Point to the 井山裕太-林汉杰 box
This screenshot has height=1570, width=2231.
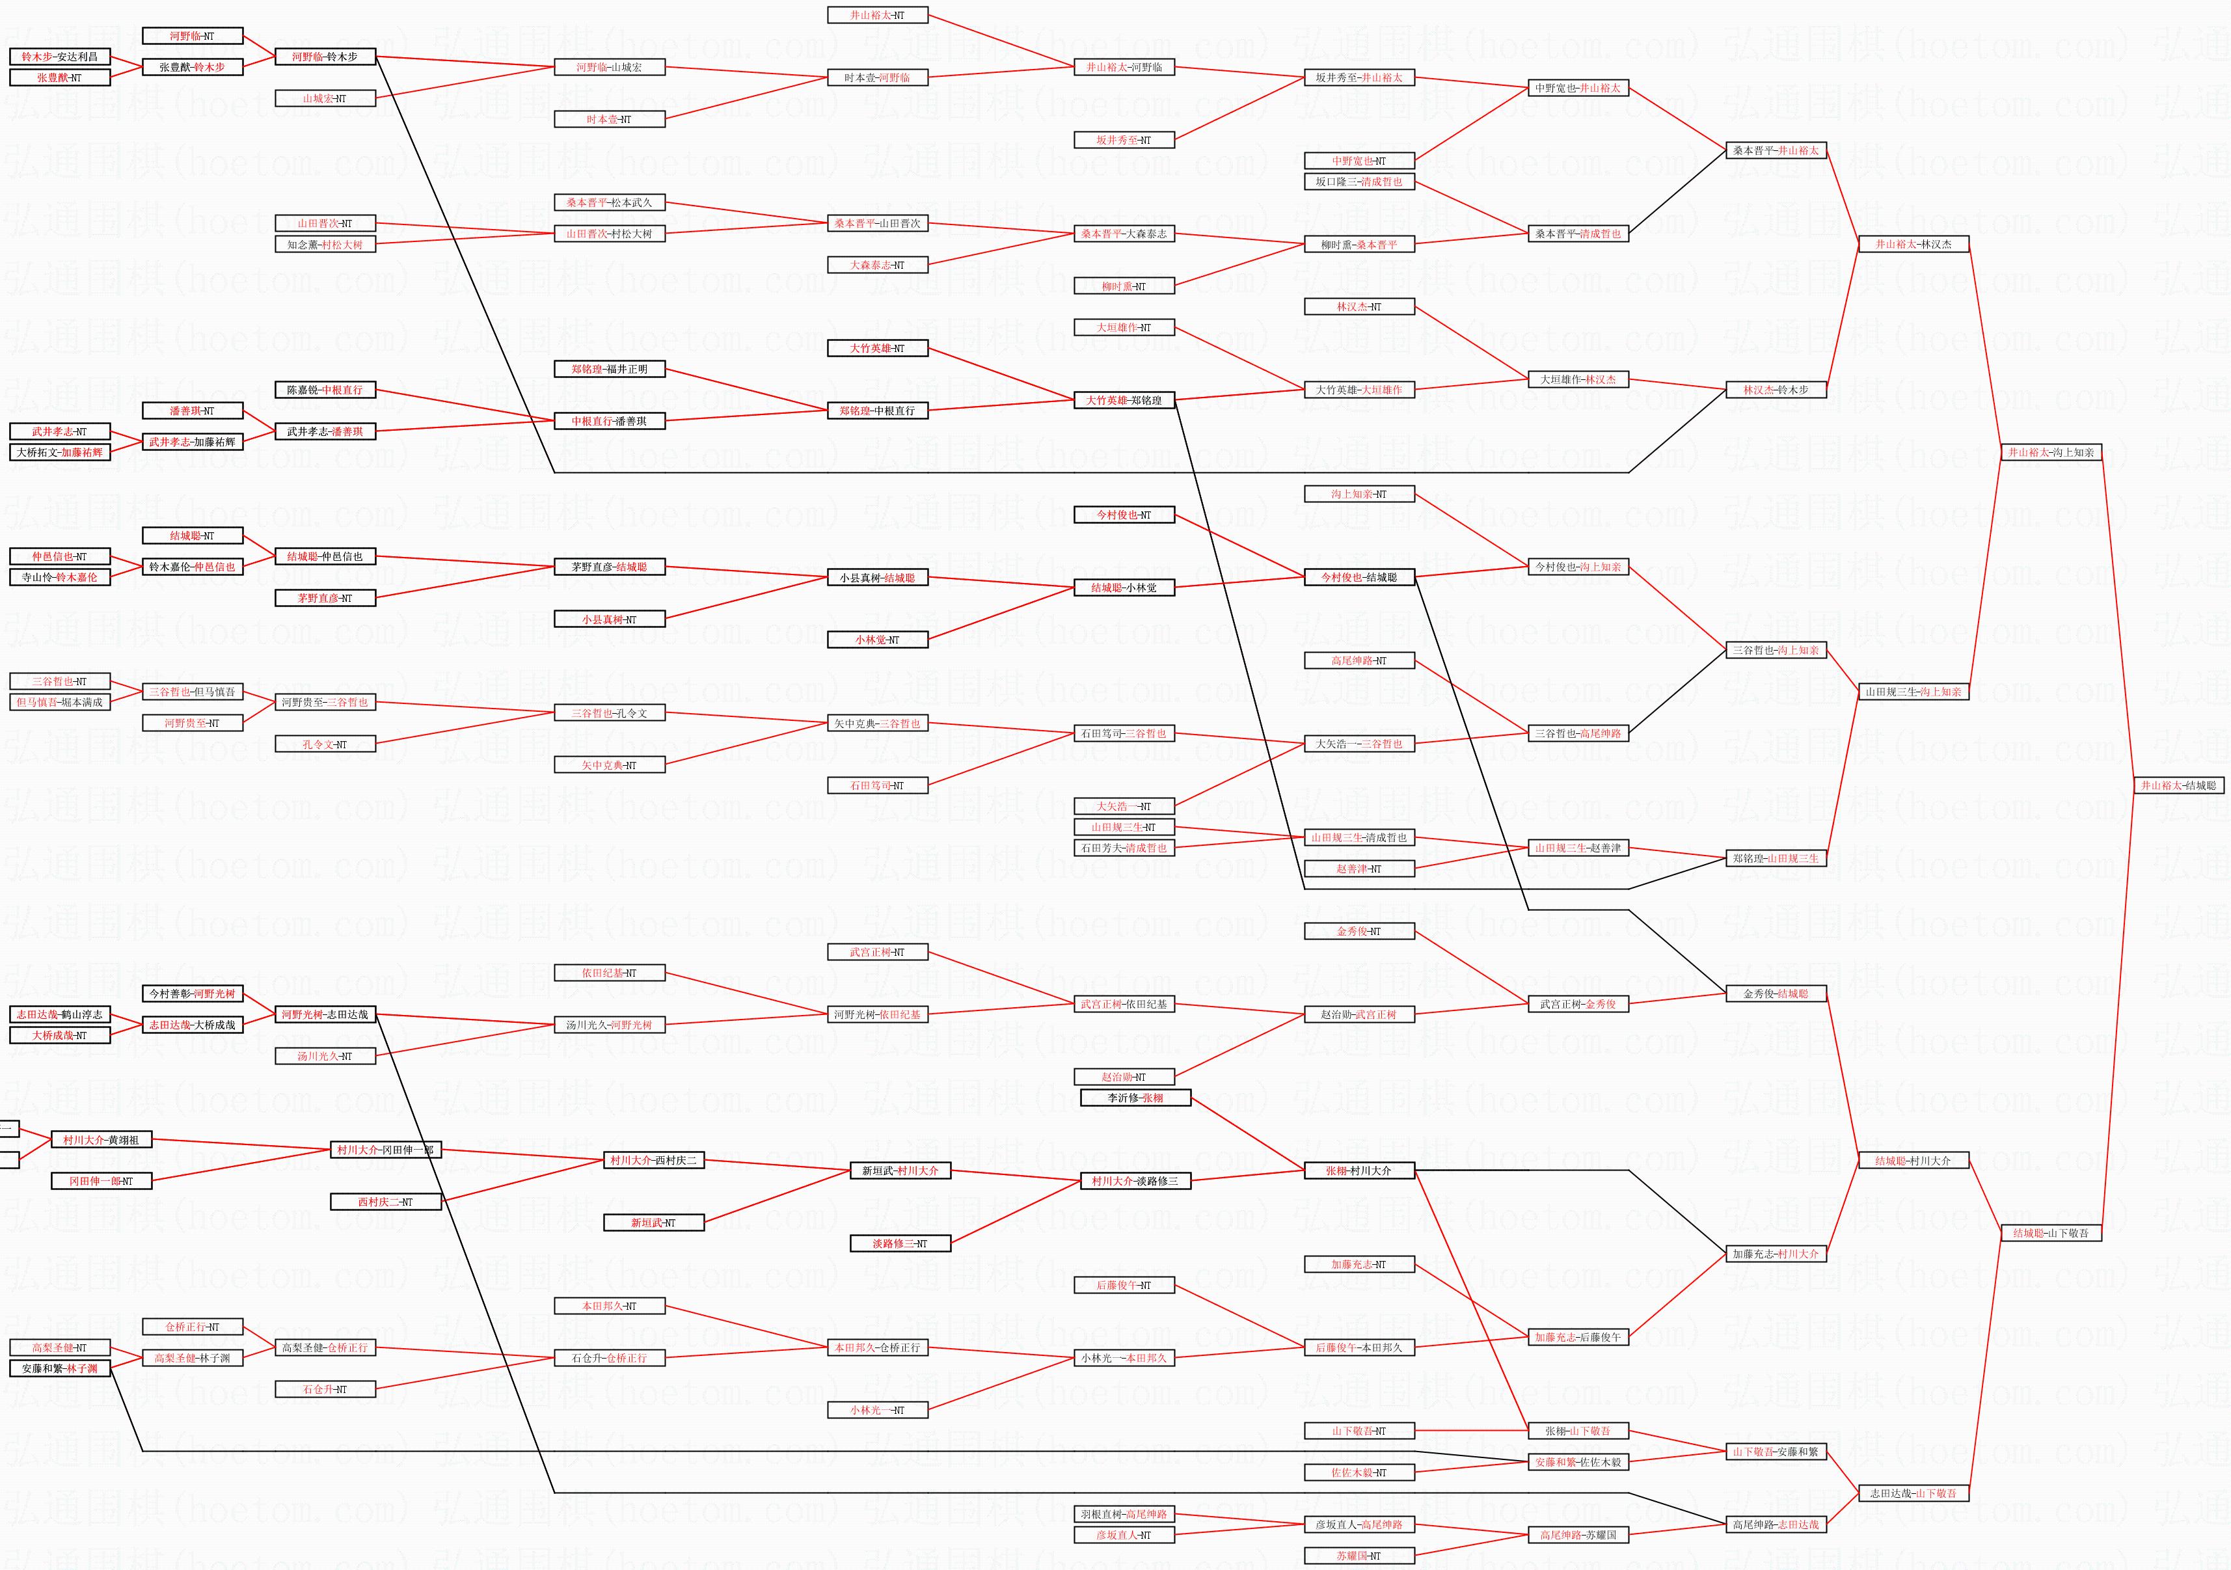(x=1913, y=244)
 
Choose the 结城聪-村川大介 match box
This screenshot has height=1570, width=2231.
(x=1913, y=1160)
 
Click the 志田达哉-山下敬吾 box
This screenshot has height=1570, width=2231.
(x=1913, y=1493)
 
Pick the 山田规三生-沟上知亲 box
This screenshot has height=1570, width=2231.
(x=1913, y=692)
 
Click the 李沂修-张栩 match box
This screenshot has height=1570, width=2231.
(x=1135, y=1098)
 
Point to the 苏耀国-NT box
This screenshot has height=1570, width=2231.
(x=1359, y=1556)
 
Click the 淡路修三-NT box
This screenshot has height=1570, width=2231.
(x=900, y=1243)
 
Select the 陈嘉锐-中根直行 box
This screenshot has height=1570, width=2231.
(x=325, y=390)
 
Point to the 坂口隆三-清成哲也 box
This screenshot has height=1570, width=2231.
(x=1359, y=182)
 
